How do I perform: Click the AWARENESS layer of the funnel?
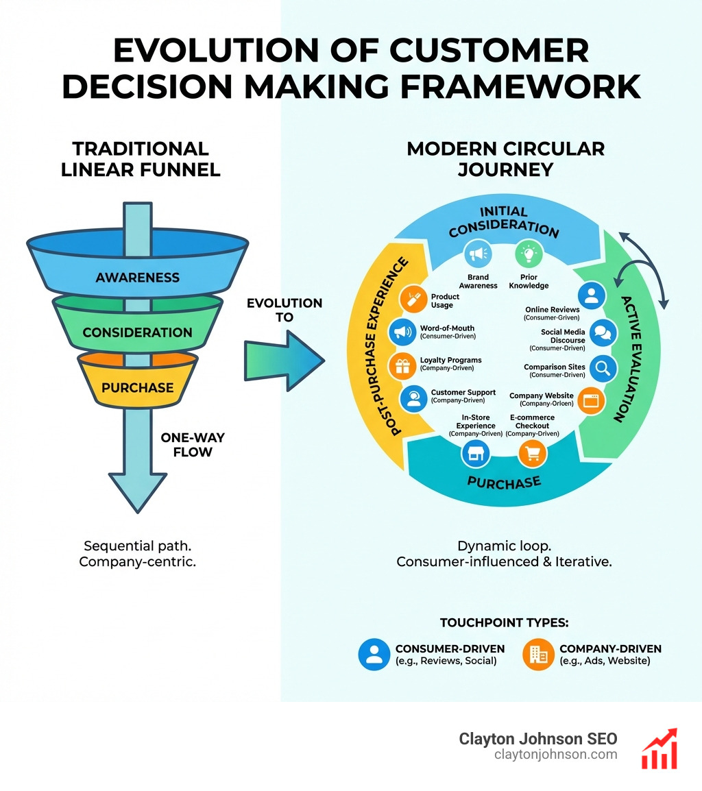point(137,278)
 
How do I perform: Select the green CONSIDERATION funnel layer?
point(137,332)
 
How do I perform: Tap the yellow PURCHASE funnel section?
point(137,387)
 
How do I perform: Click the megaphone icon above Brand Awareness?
point(478,254)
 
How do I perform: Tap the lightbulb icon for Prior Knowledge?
point(529,254)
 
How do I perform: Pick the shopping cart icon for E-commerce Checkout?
point(533,454)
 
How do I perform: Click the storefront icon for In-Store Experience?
point(476,454)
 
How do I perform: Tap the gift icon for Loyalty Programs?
point(402,365)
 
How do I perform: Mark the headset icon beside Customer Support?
point(413,398)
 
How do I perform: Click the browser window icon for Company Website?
point(591,400)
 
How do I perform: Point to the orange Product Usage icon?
point(413,299)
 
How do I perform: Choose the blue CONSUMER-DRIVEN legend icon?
point(374,655)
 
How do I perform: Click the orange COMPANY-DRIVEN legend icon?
point(538,655)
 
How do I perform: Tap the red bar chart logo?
point(659,749)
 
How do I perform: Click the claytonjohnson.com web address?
point(555,755)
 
